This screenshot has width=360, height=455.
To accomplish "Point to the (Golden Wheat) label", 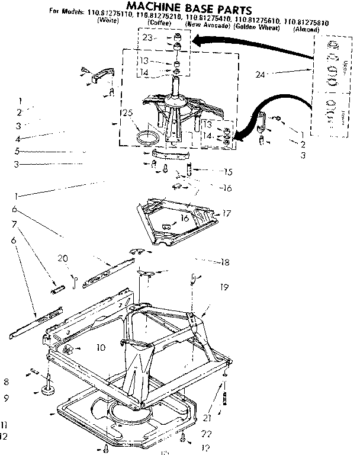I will (257, 28).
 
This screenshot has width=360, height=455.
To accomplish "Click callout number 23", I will (146, 37).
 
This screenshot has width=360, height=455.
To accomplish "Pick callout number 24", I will (260, 74).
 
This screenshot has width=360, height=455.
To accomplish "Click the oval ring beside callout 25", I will (147, 138).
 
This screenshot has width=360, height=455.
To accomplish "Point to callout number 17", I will (227, 213).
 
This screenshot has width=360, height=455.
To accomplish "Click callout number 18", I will (225, 262).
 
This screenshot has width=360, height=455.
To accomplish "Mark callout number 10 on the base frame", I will (101, 347).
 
